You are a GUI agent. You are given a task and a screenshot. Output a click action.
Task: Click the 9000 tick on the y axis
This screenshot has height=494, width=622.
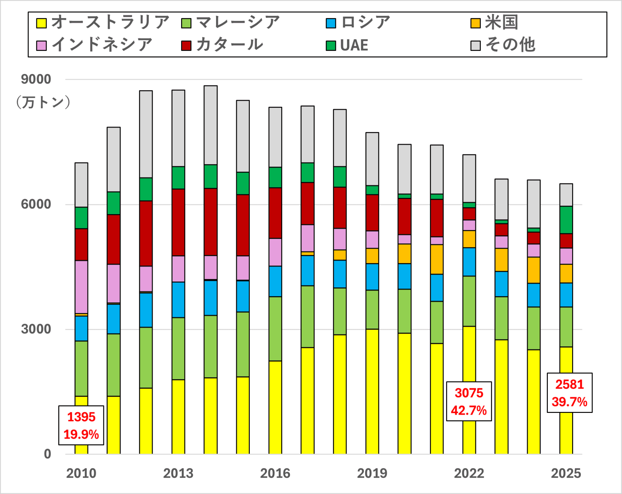point(36,79)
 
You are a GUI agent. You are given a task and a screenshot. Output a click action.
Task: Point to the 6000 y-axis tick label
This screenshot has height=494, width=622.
point(36,204)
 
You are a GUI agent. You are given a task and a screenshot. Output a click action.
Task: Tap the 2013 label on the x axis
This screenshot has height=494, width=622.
point(178,474)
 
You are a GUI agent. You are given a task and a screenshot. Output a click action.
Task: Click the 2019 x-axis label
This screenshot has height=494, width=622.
point(372,474)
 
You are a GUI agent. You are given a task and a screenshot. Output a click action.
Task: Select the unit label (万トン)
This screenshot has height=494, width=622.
point(43,102)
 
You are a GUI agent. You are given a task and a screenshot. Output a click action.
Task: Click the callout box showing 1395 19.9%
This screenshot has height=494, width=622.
point(81,425)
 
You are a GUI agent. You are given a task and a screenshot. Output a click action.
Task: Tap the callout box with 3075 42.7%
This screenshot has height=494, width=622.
point(469,402)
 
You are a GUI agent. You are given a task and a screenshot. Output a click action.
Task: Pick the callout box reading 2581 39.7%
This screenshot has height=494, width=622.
point(570,393)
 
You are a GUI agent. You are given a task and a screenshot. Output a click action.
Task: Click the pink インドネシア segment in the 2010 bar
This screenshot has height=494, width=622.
point(81,287)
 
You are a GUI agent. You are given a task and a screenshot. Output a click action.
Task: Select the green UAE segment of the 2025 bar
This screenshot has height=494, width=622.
point(566,220)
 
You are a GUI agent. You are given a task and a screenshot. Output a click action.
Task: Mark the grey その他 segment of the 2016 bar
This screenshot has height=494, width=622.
point(275,137)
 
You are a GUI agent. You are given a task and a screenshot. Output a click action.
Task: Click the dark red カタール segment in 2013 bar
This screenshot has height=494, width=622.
point(178,223)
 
